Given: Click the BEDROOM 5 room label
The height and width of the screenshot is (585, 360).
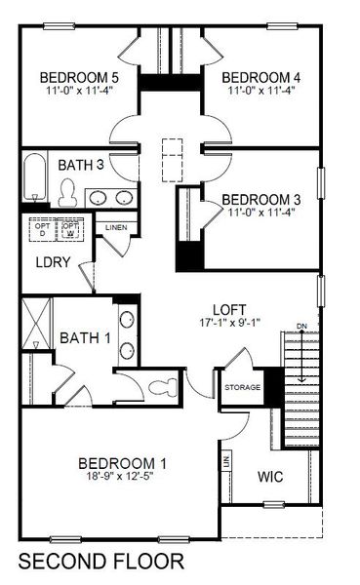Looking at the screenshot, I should tap(78, 77).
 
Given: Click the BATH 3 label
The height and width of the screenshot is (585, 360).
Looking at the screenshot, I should tap(80, 165).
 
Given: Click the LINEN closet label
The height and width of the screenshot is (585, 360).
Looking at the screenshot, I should tap(117, 229).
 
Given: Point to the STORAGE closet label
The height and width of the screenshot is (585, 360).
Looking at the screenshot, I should tap(243, 388).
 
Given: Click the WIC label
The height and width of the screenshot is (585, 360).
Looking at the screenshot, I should tap(270, 478).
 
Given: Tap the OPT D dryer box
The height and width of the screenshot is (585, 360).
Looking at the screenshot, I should tap(42, 229).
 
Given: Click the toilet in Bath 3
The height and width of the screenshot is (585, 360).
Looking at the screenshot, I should tap(68, 195).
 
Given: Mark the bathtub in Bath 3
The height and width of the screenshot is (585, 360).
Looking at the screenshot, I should tap(34, 180).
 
